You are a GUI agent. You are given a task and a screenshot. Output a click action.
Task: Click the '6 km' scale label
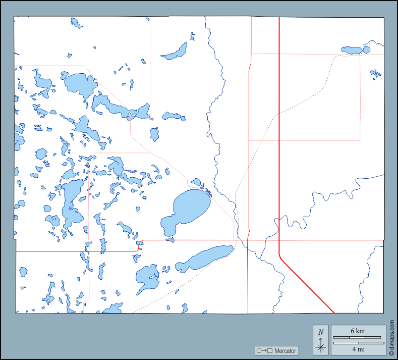pos(358,331)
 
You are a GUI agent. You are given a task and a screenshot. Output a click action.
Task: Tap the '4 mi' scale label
pos(358,349)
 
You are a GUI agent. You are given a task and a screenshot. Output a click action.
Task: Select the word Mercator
pos(285,350)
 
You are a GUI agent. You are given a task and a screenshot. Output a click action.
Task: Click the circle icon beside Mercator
pos(259,350)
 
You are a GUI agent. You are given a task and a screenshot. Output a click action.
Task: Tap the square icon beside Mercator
pos(270,350)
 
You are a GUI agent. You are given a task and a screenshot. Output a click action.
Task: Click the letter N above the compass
pos(321,332)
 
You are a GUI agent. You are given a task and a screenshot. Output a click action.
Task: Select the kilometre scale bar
pos(358,337)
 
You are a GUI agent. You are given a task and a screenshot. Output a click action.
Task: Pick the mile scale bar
pos(358,343)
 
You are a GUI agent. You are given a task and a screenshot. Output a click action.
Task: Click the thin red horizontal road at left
pos(76,251)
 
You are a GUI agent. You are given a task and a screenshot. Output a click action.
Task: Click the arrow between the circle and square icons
pos(264,350)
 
